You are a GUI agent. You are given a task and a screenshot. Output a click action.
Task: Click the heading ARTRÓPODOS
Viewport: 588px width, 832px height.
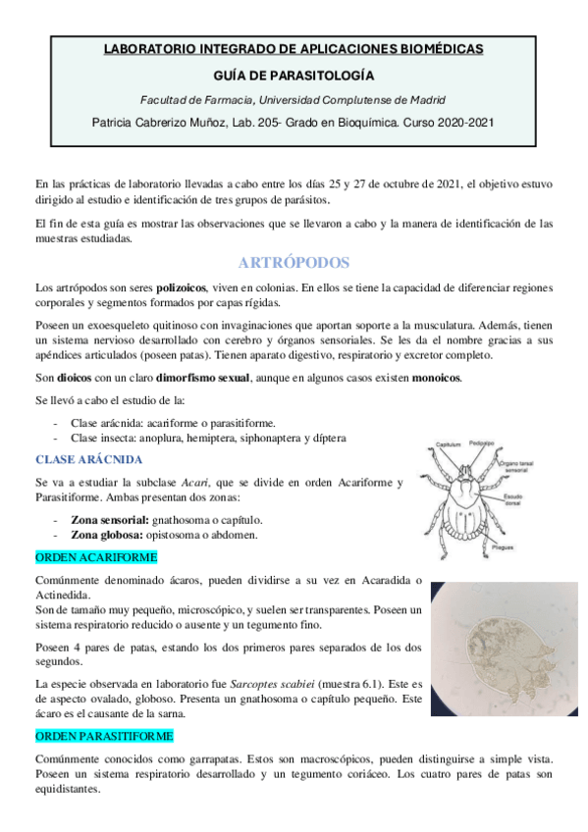point(294,263)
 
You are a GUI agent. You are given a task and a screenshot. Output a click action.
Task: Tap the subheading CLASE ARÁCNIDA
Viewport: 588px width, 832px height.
point(89,458)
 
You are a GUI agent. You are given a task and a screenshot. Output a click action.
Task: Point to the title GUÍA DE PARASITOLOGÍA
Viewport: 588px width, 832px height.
point(294,74)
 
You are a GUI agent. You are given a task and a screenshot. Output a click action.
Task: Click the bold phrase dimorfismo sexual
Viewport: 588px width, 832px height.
point(204,378)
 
